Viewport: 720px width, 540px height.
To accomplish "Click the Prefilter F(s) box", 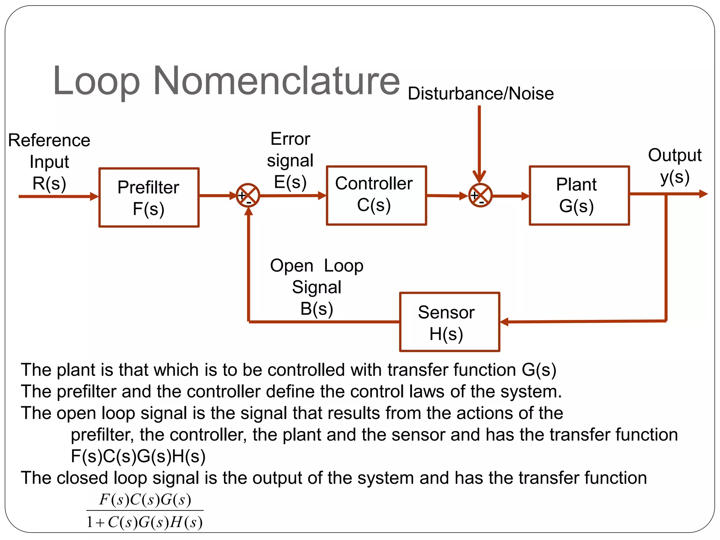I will pyautogui.click(x=149, y=198).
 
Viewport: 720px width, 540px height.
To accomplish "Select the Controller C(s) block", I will pyautogui.click(x=376, y=195).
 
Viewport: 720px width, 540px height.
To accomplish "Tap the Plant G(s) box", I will pyautogui.click(x=579, y=195).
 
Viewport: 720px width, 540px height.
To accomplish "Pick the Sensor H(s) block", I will pyautogui.click(x=449, y=322).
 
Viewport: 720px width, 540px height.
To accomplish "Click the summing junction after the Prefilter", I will pyautogui.click(x=248, y=195).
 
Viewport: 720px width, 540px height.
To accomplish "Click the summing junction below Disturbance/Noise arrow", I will pyautogui.click(x=480, y=195).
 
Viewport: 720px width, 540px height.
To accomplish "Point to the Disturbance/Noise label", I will pyautogui.click(x=481, y=94).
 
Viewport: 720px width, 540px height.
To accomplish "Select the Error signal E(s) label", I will pyautogui.click(x=290, y=160).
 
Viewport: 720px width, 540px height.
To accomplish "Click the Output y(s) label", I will pyautogui.click(x=674, y=166).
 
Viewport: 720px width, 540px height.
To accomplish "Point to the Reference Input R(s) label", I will pyautogui.click(x=49, y=162).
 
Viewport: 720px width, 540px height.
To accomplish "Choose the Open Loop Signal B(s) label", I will pyautogui.click(x=316, y=287).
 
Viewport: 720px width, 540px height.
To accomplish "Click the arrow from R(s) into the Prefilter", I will pyautogui.click(x=58, y=196).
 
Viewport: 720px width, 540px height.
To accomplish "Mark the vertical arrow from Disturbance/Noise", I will pyautogui.click(x=479, y=141).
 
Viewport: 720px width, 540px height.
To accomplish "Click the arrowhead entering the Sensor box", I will pyautogui.click(x=504, y=322).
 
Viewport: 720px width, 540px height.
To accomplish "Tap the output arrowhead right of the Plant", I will pyautogui.click(x=703, y=194).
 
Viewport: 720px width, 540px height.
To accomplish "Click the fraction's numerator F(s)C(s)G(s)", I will pyautogui.click(x=145, y=500).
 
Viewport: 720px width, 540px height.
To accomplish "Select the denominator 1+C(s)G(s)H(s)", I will pyautogui.click(x=145, y=522).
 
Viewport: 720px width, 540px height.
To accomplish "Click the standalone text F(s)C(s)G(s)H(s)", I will pyautogui.click(x=138, y=456).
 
